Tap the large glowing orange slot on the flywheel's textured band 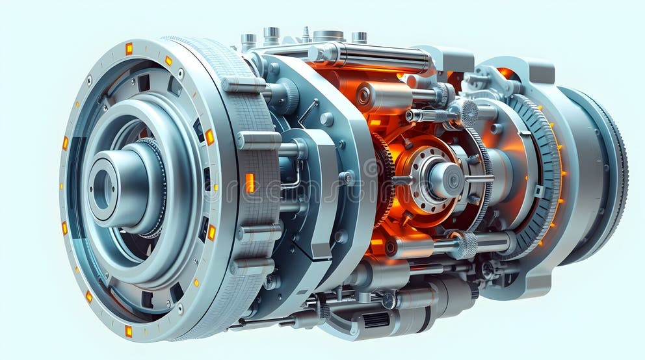[x=250, y=183]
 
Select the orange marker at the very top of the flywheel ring [x=129, y=49]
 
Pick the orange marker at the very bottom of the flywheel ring [x=128, y=331]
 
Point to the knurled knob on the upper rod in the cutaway [x=464, y=112]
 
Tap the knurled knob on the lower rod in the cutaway [x=465, y=245]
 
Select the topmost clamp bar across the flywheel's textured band [x=244, y=84]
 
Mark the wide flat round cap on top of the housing [x=329, y=35]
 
